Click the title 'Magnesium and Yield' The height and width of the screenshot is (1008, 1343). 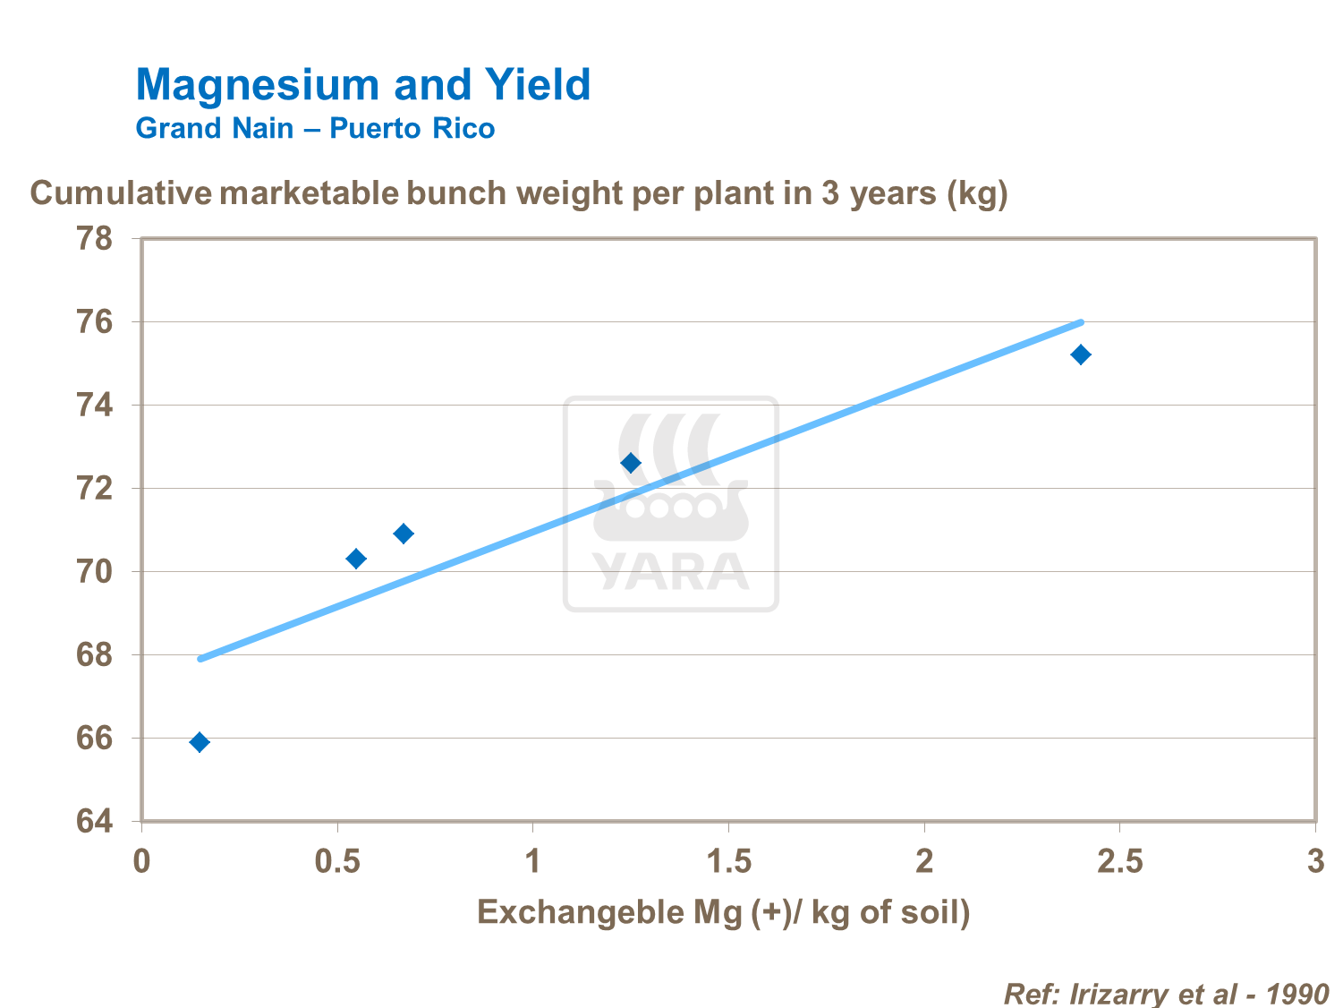tap(362, 85)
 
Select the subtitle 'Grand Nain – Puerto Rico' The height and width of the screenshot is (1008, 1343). tap(315, 129)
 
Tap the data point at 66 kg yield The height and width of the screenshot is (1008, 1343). tap(200, 742)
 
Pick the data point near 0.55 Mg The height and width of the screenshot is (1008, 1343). tap(356, 559)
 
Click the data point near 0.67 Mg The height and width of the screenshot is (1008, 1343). tap(404, 534)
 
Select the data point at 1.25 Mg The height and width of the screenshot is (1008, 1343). tap(631, 463)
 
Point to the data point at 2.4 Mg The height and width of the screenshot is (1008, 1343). tap(1081, 355)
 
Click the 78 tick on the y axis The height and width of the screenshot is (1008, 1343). tap(97, 239)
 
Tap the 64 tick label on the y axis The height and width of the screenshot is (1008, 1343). tap(97, 821)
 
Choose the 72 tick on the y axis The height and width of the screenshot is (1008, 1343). tap(97, 489)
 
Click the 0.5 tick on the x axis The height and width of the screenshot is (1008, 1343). tap(337, 861)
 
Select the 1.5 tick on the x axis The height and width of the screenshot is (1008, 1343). tap(728, 861)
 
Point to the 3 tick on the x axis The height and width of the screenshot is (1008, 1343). tap(1314, 861)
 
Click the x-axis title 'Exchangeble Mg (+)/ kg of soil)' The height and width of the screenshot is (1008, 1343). tap(723, 912)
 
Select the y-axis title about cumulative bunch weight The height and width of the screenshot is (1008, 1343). tap(519, 193)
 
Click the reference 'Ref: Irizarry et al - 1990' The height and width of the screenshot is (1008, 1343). tap(1166, 994)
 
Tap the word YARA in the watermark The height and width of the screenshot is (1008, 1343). tap(670, 572)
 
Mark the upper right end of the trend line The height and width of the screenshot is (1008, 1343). tap(1081, 322)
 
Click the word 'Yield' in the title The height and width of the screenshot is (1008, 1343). tap(538, 85)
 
